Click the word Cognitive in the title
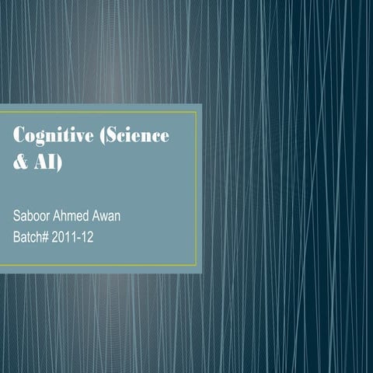pos(52,135)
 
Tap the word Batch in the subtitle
pos(30,233)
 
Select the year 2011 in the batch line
pos(70,233)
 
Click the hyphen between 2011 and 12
pos(88,234)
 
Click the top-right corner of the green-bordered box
pos(197,112)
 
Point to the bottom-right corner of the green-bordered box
pos(197,265)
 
